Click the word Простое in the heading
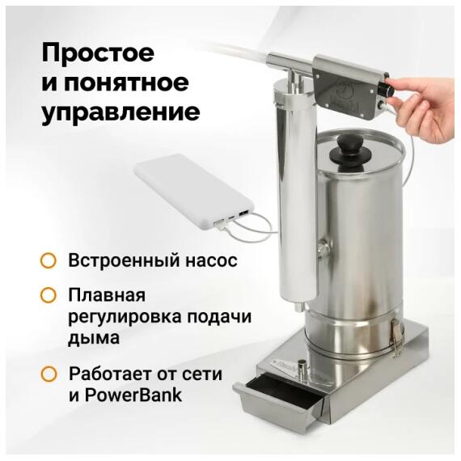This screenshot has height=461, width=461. [x=98, y=54]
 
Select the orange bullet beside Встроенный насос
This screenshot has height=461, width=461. [x=49, y=261]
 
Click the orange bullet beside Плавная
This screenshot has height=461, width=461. [x=49, y=297]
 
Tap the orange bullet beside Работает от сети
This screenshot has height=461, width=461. [x=49, y=374]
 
